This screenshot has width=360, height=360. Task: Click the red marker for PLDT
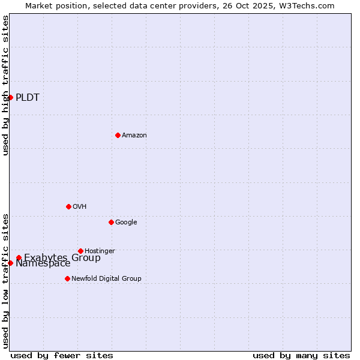coord(10,97)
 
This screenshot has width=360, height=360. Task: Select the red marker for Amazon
coord(118,135)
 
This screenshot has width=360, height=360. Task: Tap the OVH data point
coord(68,206)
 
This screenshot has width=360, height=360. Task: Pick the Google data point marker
coord(111,222)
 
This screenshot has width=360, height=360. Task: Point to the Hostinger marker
coord(80,251)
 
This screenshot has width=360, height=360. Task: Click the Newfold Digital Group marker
coord(67,278)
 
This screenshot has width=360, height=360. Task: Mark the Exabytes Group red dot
coord(19,258)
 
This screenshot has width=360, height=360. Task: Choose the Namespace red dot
coord(10,263)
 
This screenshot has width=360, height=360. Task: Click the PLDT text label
coord(28,98)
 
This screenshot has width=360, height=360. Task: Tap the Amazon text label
coord(134,136)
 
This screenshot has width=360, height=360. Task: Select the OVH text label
coord(80,207)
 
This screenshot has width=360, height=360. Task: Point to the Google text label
coord(126,223)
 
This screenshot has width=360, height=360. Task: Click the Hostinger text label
coord(100,251)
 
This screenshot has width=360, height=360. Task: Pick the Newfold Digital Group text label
coord(106,278)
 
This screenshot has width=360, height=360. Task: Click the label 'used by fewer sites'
coord(62,355)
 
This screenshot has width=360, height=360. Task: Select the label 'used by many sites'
coord(301,355)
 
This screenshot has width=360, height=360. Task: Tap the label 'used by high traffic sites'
coord(6,85)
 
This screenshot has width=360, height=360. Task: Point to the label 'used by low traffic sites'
coord(6,280)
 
